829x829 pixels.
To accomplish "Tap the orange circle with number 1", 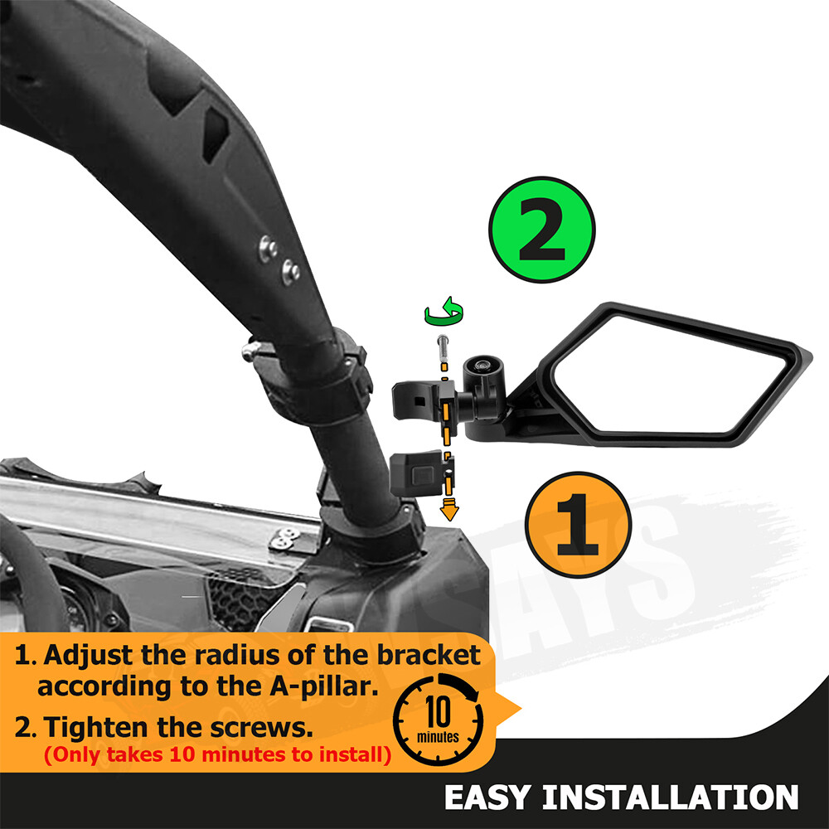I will pyautogui.click(x=578, y=525).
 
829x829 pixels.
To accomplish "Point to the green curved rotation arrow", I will pyautogui.click(x=444, y=313).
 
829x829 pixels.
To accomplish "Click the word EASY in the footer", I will pyautogui.click(x=488, y=797).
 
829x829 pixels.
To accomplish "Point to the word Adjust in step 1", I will pyautogui.click(x=98, y=655).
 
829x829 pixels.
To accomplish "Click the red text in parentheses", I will pyautogui.click(x=216, y=755).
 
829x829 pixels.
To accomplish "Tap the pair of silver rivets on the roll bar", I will pyautogui.click(x=279, y=259).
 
